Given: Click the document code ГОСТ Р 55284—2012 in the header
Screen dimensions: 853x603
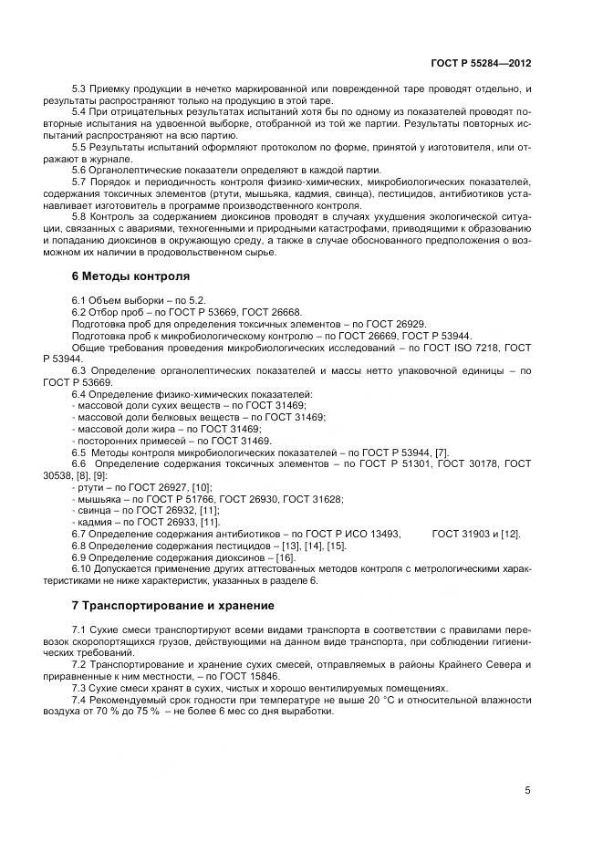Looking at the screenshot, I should point(480,65).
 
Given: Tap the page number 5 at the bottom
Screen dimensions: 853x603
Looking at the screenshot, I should point(527,790).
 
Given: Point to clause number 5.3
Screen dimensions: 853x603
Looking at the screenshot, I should point(78,88).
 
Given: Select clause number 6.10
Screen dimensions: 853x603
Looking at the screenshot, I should point(81,568).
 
